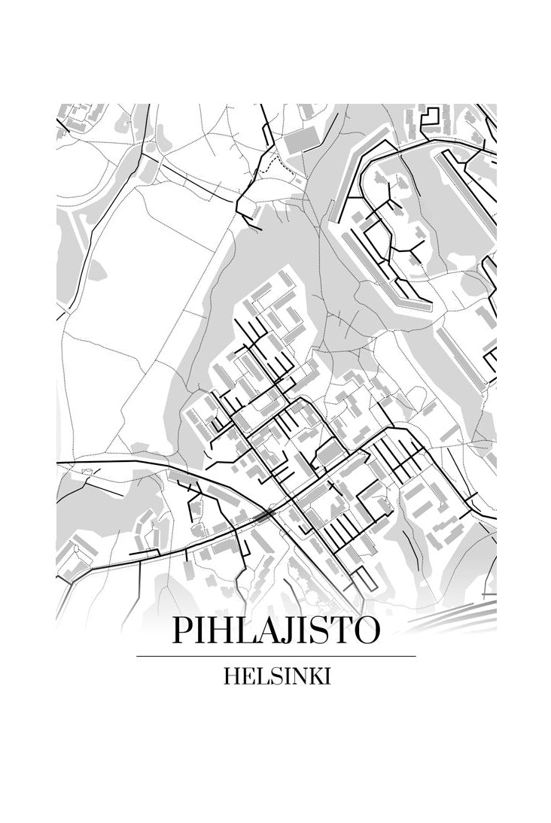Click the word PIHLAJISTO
(x=275, y=630)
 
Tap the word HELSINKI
(x=276, y=676)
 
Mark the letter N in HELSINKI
(x=295, y=676)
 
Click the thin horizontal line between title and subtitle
(x=275, y=656)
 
